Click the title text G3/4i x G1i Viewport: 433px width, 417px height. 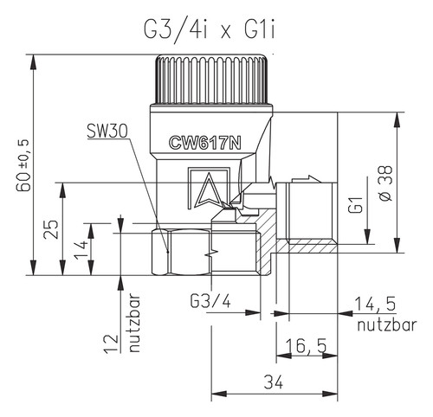tap(210, 29)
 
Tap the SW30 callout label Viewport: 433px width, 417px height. tap(107, 132)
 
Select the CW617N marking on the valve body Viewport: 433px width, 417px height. tap(205, 143)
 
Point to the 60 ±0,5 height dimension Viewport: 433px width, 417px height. tap(23, 165)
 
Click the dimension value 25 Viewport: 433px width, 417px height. tap(51, 229)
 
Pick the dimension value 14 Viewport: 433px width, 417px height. tap(81, 249)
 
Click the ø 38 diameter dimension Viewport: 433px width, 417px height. tap(385, 183)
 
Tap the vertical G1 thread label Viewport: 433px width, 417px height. tap(355, 205)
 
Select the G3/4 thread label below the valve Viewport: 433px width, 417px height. tap(210, 302)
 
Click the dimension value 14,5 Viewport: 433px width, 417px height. tap(375, 304)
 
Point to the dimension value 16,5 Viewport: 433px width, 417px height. tap(306, 345)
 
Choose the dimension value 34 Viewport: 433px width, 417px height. tap(274, 382)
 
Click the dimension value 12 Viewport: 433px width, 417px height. tap(112, 343)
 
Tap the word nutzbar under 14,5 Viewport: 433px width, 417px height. tap(387, 325)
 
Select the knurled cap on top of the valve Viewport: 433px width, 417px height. tap(212, 80)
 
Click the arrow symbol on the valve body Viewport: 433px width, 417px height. tap(208, 190)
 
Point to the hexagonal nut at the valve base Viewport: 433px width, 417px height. tap(182, 253)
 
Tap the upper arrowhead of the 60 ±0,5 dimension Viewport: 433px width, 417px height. tap(34, 62)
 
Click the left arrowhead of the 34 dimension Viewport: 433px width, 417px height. tap(219, 394)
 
